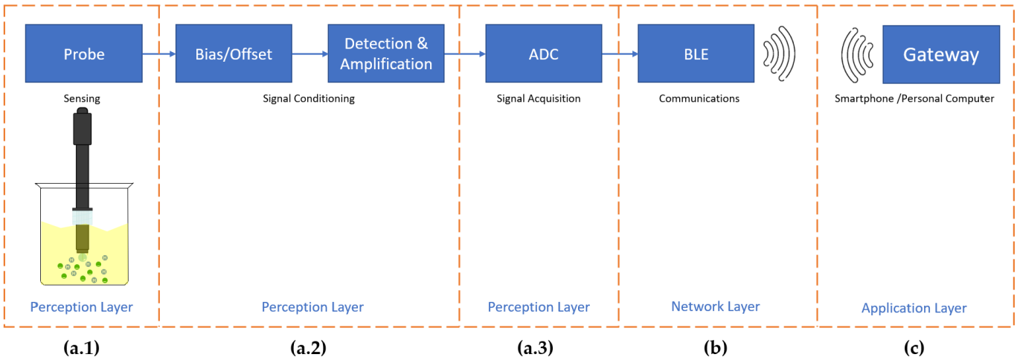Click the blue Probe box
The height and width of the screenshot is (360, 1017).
(83, 54)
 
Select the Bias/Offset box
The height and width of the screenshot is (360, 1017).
(234, 54)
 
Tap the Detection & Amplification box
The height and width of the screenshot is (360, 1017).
(386, 54)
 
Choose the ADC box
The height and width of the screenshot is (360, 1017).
(543, 54)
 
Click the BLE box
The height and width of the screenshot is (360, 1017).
(696, 54)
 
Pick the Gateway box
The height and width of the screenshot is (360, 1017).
(940, 55)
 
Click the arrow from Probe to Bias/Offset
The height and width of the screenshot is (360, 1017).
(158, 54)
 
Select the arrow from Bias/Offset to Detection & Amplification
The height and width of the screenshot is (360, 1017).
(309, 54)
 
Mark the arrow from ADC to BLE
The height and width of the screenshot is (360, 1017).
(619, 54)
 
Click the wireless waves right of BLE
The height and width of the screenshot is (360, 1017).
(780, 54)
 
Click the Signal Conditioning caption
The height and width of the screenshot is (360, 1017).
(309, 98)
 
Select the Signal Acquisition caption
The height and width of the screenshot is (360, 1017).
(539, 98)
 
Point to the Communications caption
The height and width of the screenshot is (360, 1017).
(699, 98)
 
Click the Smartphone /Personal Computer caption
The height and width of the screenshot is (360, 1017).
(914, 98)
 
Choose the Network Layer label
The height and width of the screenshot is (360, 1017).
(715, 306)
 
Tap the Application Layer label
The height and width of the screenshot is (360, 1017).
(914, 308)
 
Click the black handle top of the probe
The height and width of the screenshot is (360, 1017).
(83, 127)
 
